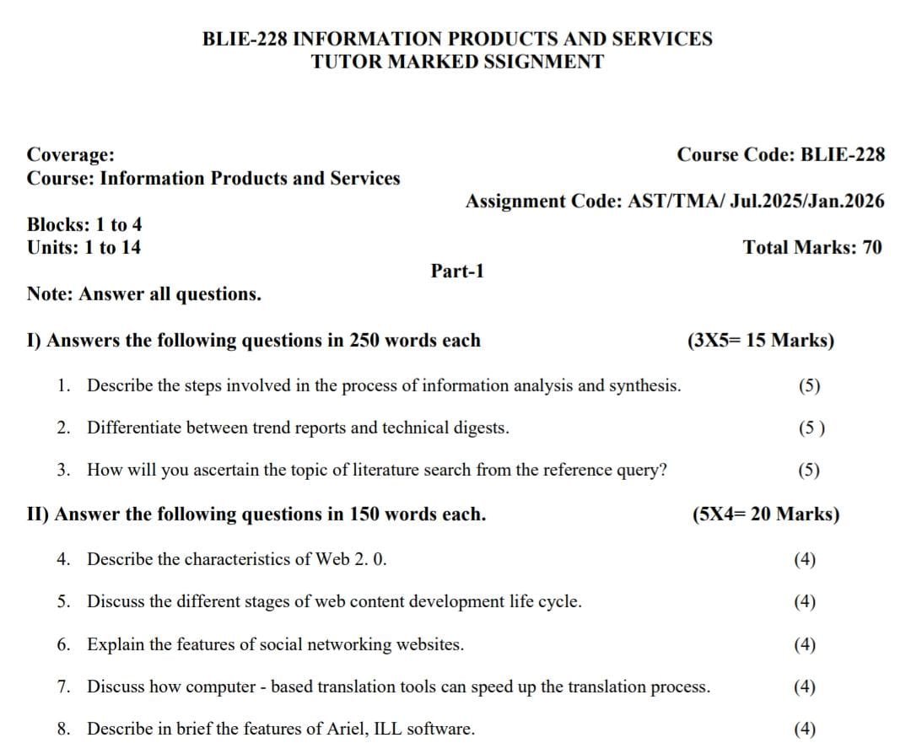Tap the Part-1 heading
click(457, 271)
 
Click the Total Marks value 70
click(872, 247)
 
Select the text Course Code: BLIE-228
click(781, 154)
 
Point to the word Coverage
click(71, 154)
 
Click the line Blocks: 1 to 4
click(84, 224)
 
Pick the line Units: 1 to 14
click(84, 247)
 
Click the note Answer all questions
click(143, 294)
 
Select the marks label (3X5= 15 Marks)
click(761, 341)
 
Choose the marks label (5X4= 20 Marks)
click(765, 514)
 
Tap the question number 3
click(64, 470)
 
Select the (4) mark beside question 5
click(805, 601)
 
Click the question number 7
click(64, 687)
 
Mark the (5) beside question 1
click(809, 386)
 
